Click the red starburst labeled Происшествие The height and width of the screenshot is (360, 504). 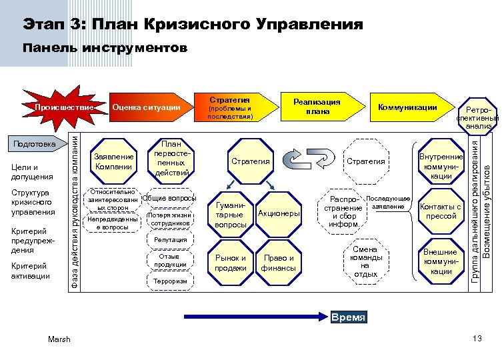tap(64, 107)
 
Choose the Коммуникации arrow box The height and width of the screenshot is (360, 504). tap(407, 107)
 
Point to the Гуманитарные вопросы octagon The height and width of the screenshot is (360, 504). tap(230, 215)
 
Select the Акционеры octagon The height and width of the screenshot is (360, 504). tap(278, 213)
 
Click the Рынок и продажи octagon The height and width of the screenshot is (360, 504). tap(230, 263)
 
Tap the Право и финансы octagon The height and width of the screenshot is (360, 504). tap(278, 263)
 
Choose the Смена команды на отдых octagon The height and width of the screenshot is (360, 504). tap(366, 262)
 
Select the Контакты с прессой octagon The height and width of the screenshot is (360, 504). tap(441, 211)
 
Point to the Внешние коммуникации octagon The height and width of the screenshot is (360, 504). tap(441, 261)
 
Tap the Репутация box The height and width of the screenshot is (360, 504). tap(166, 239)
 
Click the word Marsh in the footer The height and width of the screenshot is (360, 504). tap(59, 340)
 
